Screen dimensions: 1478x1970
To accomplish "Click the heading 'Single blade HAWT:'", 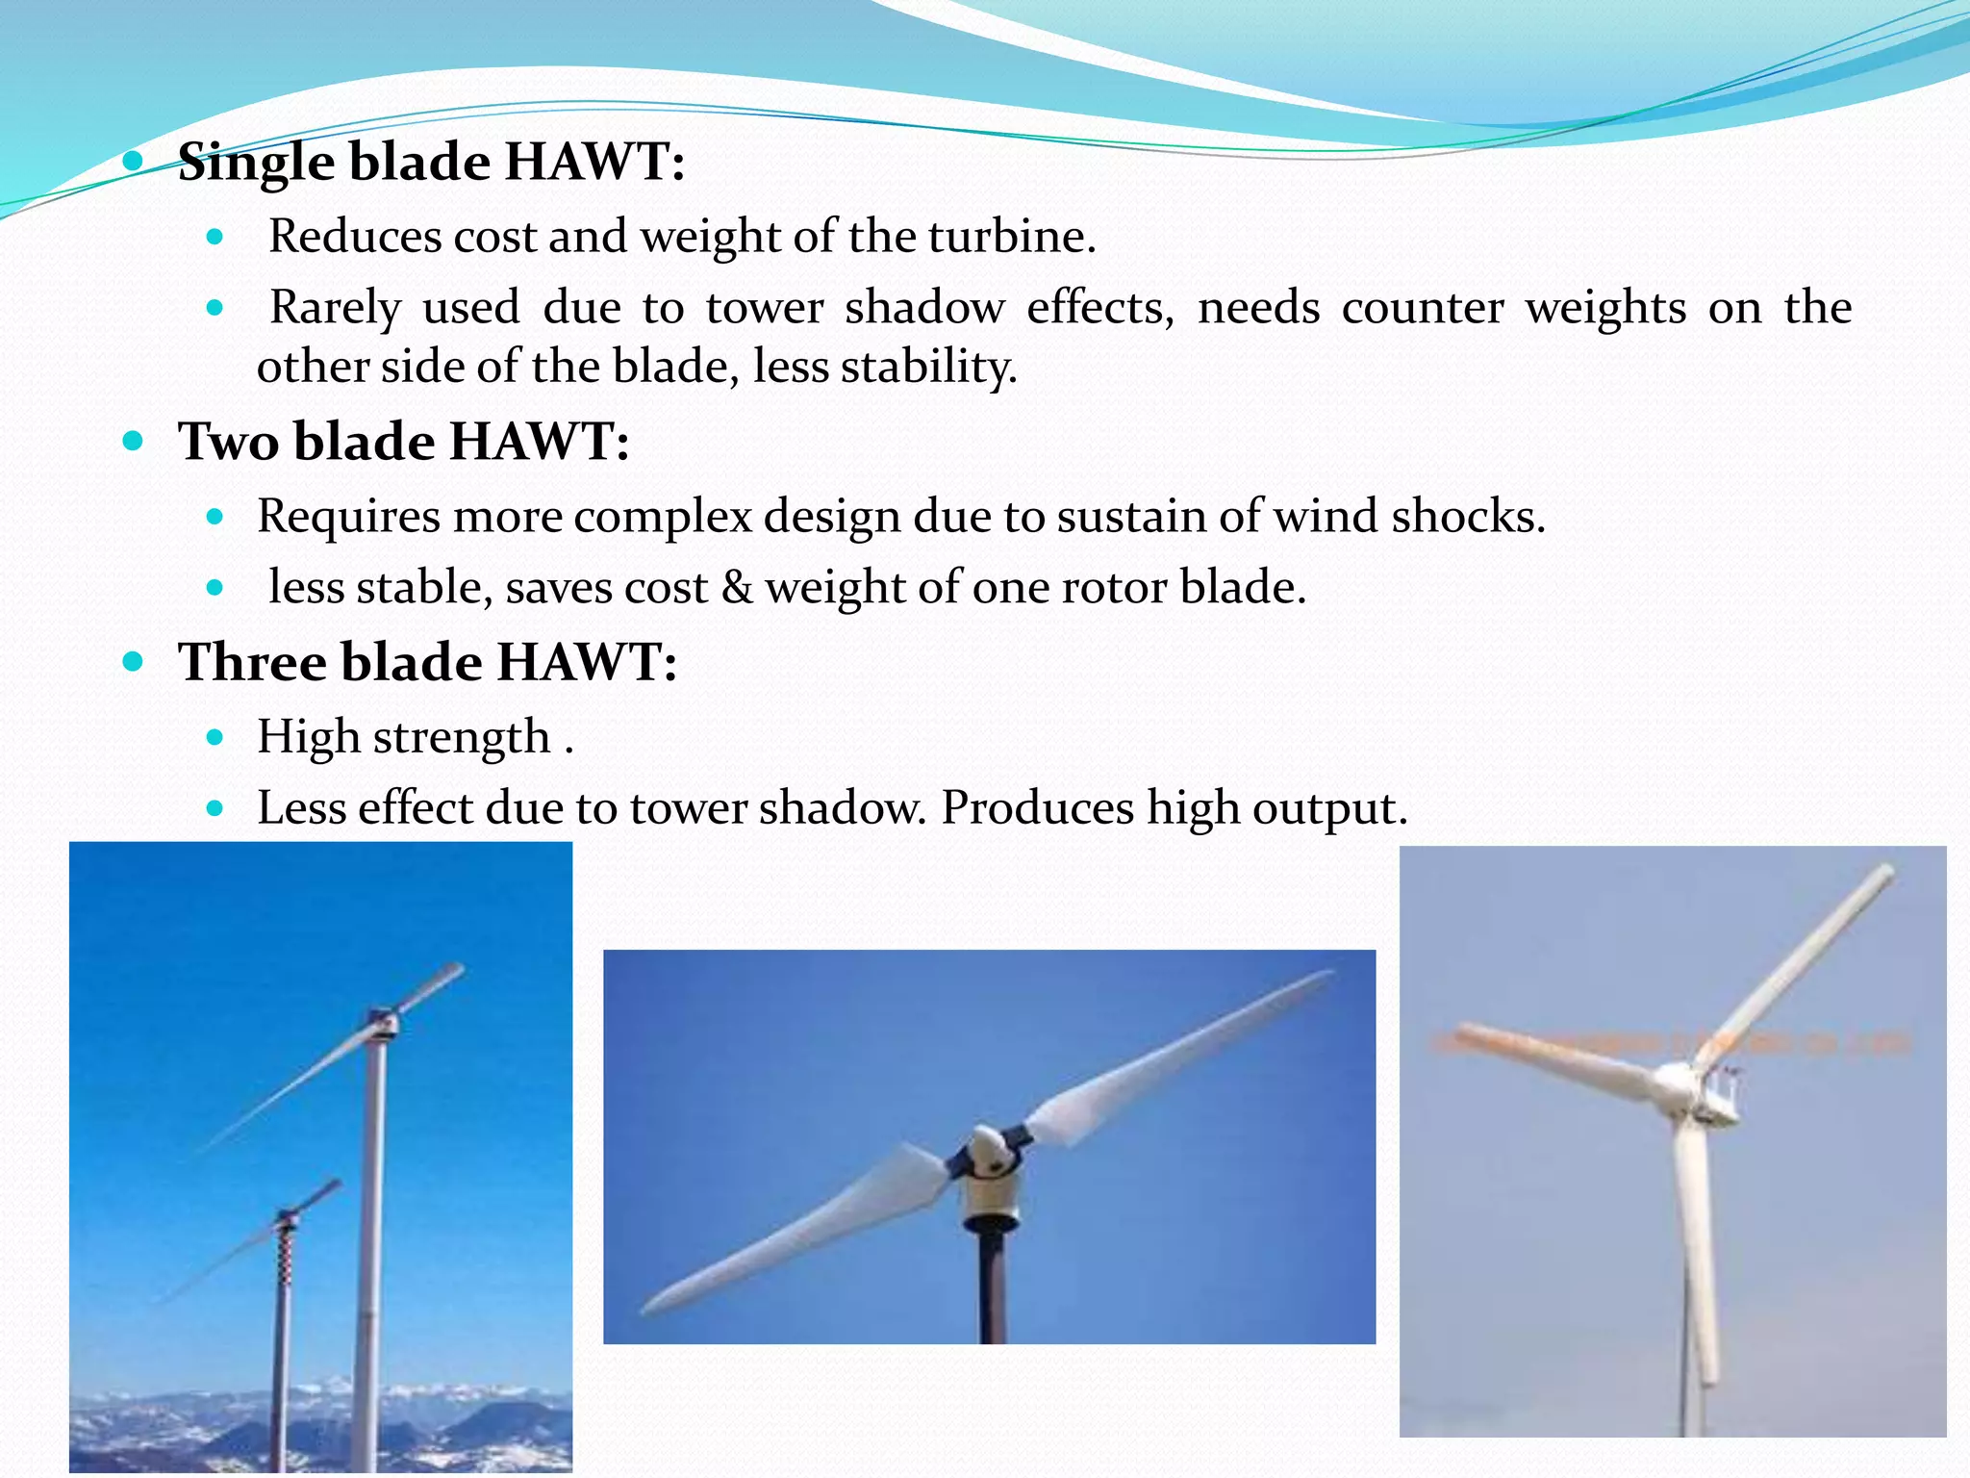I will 431,162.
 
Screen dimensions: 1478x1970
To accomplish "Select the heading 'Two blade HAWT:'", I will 403,442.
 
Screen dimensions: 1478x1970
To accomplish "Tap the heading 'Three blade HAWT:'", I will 427,662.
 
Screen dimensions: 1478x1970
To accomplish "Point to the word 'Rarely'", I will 335,308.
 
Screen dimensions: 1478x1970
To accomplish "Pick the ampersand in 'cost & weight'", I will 737,588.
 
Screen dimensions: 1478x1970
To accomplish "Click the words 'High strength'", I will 404,737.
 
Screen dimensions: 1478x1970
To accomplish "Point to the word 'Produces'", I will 1037,807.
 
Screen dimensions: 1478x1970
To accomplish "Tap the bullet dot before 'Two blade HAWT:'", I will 133,442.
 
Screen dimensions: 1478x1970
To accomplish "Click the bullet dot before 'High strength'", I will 215,738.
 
